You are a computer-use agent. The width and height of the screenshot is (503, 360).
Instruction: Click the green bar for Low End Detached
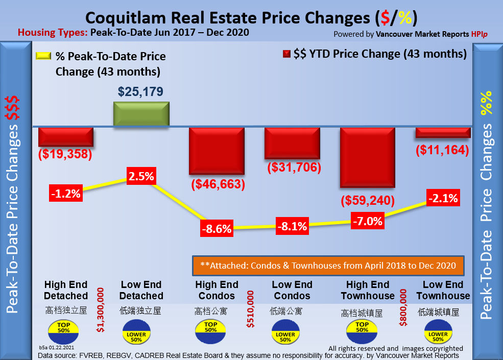141,113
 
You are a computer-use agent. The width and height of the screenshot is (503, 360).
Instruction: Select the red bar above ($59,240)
368,158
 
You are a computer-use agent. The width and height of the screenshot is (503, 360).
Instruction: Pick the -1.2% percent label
65,193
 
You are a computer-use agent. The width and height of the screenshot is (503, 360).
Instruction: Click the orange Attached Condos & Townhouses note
324,266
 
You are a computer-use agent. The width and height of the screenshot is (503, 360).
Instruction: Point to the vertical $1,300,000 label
101,309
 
